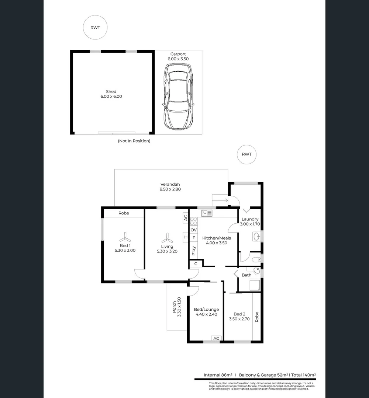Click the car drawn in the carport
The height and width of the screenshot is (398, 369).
coord(179,97)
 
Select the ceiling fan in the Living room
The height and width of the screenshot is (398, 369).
coord(167,237)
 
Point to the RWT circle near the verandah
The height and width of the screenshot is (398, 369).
coord(246,154)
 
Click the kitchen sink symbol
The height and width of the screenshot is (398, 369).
coord(207,213)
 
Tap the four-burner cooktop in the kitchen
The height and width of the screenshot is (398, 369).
coord(194,221)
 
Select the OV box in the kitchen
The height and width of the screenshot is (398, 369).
coord(194,230)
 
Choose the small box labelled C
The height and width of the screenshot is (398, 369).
coord(196,263)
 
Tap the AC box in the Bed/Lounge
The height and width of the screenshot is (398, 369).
coord(216,338)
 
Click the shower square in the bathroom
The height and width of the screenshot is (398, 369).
coord(255,285)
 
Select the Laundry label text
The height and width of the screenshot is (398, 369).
coord(250,219)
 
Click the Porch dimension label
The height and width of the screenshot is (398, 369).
coord(177,307)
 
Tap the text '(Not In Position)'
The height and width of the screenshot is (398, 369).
coord(134,141)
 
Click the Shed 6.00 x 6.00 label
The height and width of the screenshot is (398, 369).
coord(111,94)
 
